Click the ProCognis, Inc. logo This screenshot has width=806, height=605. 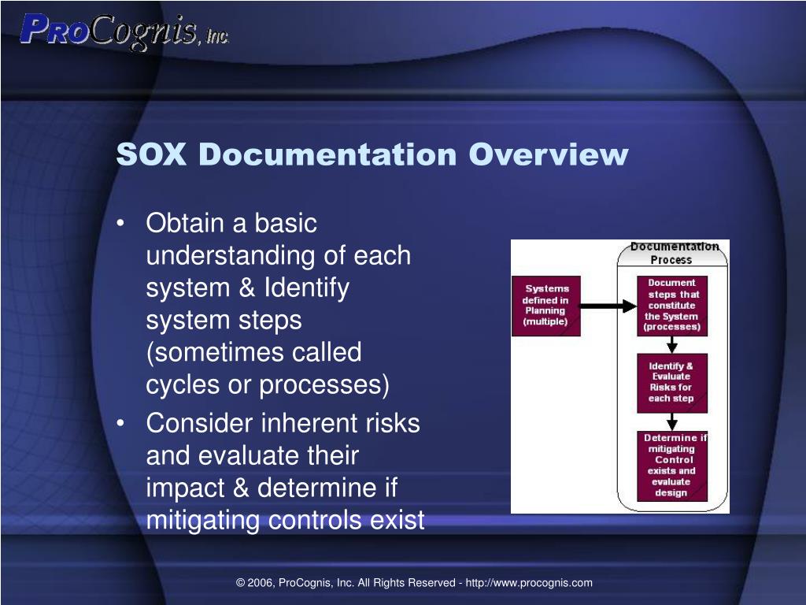(x=124, y=32)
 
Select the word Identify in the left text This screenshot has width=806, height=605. (x=306, y=288)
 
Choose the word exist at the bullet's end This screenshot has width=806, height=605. (x=398, y=520)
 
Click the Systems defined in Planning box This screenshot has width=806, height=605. (x=546, y=306)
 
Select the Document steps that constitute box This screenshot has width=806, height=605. (x=671, y=306)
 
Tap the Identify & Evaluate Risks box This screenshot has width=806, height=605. (x=671, y=383)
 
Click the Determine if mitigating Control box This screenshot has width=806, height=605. (x=671, y=466)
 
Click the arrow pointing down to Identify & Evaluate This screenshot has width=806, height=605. (x=671, y=345)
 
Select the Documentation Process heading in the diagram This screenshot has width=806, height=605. (x=673, y=253)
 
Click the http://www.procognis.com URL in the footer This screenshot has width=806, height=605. (x=529, y=583)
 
